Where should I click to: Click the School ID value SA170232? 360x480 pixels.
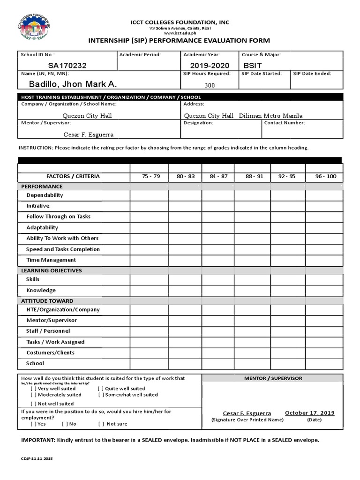tap(67, 66)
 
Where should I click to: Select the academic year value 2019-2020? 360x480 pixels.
tap(210, 66)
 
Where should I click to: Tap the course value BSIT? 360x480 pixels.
tap(253, 66)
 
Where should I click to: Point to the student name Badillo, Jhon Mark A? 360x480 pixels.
tap(73, 84)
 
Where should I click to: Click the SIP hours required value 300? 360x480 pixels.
tap(210, 85)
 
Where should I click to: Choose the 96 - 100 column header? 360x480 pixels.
tap(326, 177)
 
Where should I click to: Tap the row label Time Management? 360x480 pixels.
tap(51, 260)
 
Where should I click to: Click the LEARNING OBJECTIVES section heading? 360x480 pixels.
tap(51, 270)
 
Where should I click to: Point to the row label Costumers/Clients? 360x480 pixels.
tap(50, 352)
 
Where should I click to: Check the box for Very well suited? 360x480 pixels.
tap(34, 389)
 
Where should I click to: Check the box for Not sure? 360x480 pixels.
tap(101, 424)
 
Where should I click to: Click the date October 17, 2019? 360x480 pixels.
tap(310, 413)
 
